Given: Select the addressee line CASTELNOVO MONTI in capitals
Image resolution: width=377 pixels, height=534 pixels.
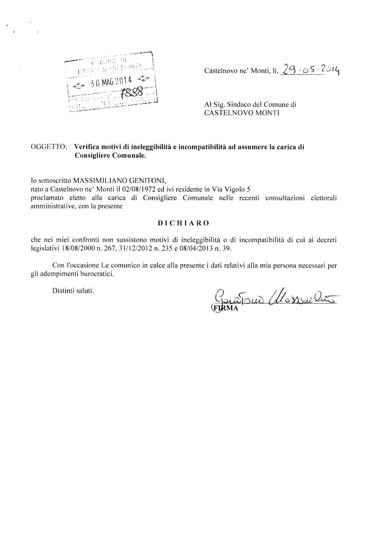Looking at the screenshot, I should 241,113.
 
